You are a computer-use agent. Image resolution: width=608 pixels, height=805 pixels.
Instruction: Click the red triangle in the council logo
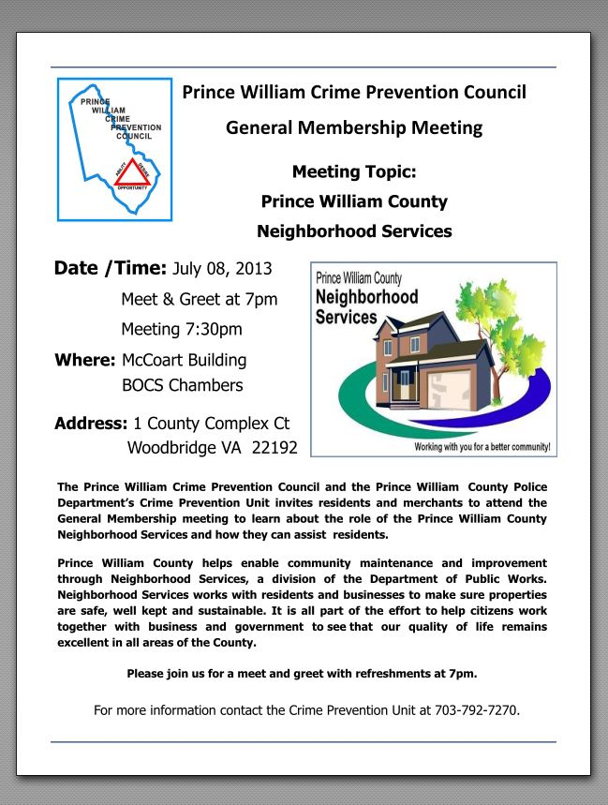pyautogui.click(x=132, y=173)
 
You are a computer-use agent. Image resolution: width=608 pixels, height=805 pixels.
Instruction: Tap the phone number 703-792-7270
pyautogui.click(x=476, y=709)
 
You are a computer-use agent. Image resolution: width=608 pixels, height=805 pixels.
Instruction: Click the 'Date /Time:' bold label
pyautogui.click(x=111, y=269)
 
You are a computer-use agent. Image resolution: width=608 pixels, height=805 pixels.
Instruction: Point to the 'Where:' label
pyautogui.click(x=84, y=360)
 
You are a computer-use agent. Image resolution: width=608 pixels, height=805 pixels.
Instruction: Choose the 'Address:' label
pyautogui.click(x=91, y=422)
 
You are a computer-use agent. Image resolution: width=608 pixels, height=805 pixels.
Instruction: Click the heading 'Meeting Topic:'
pyautogui.click(x=353, y=171)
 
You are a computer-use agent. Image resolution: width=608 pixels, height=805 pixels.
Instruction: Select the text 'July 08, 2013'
pyautogui.click(x=222, y=270)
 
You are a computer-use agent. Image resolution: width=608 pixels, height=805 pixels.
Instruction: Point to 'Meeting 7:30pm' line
pyautogui.click(x=181, y=329)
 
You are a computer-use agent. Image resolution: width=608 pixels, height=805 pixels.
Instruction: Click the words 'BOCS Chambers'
pyautogui.click(x=182, y=384)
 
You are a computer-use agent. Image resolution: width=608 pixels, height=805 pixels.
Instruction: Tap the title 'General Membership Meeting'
pyautogui.click(x=353, y=127)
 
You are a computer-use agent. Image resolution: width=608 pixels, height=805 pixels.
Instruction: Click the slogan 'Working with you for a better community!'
pyautogui.click(x=482, y=447)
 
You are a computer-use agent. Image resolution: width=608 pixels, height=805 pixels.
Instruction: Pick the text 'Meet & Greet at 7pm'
pyautogui.click(x=199, y=299)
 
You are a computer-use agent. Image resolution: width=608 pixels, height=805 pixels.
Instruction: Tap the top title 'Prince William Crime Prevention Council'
pyautogui.click(x=353, y=93)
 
